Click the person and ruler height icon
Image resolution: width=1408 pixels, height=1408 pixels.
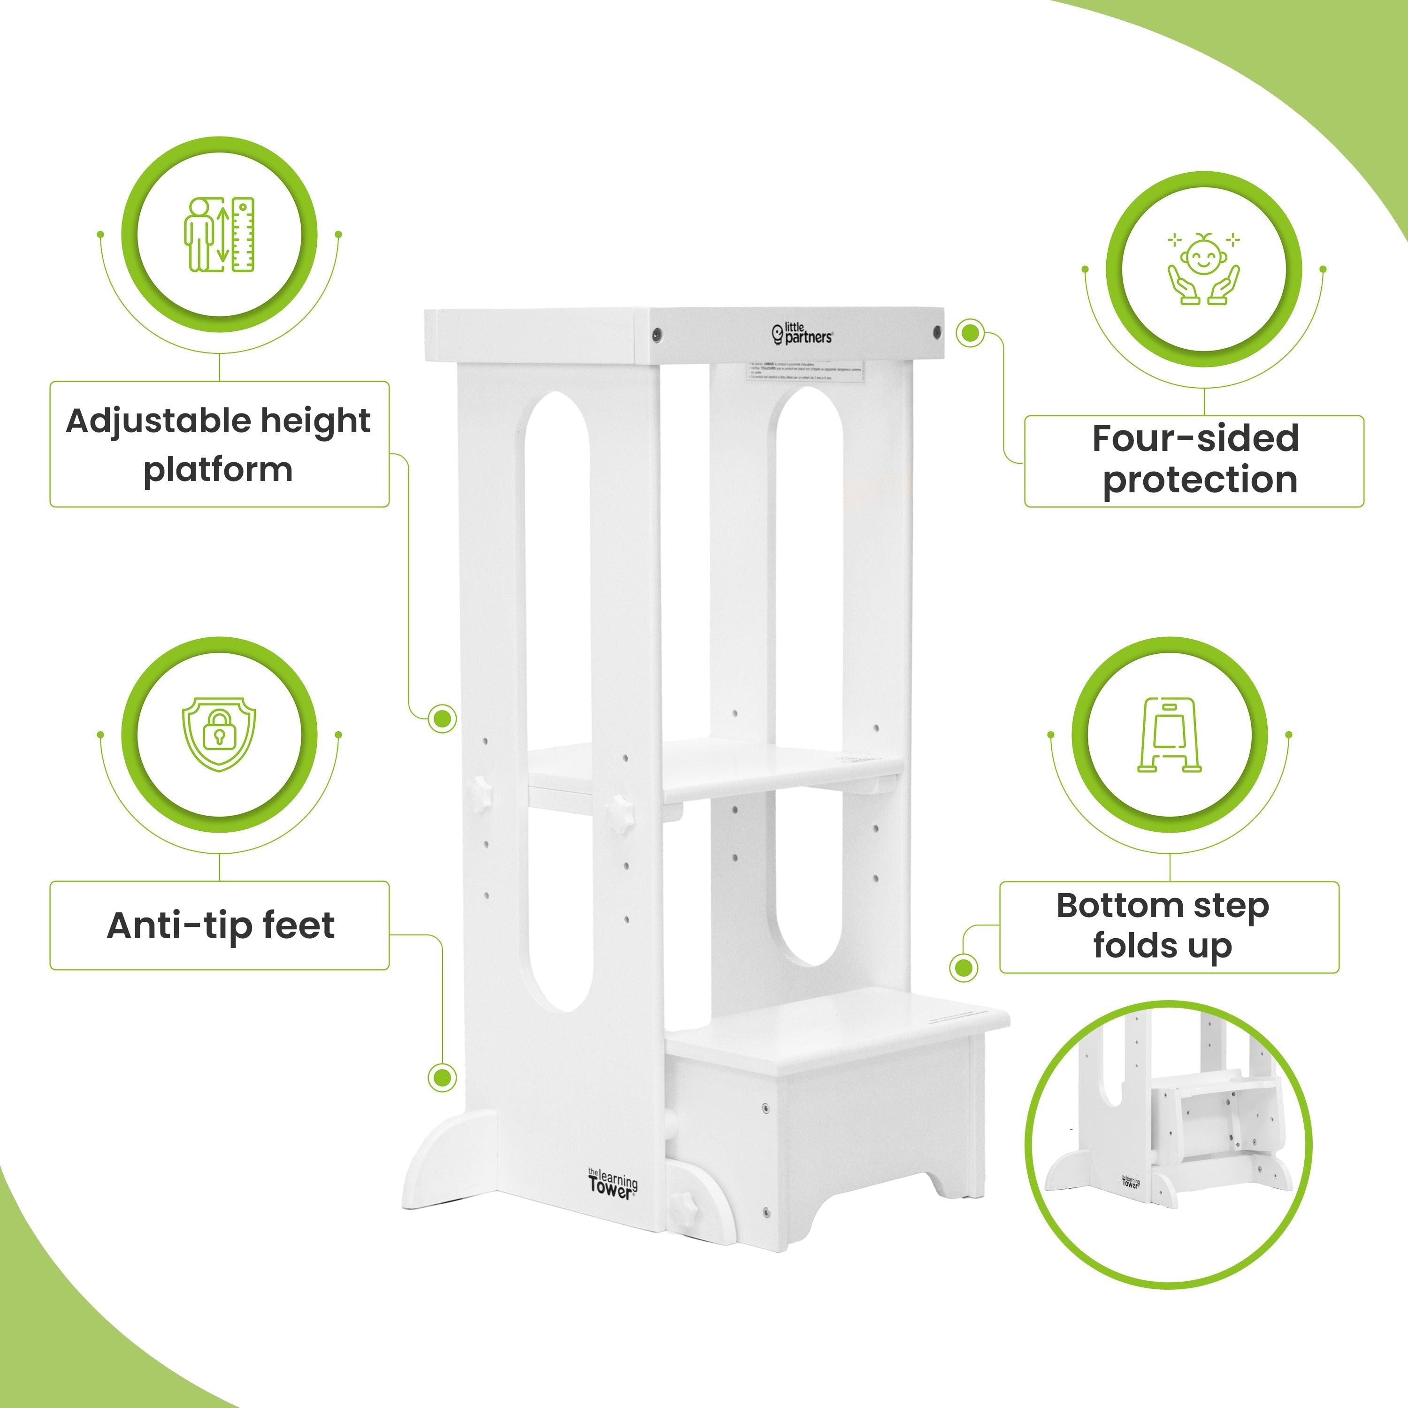[219, 235]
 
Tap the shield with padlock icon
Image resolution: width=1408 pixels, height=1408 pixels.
[219, 734]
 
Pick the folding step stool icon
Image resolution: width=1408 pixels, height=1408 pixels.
[1169, 735]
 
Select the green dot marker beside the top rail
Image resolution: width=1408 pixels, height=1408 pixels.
[969, 333]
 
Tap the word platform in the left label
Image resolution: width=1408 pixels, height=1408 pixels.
[218, 470]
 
